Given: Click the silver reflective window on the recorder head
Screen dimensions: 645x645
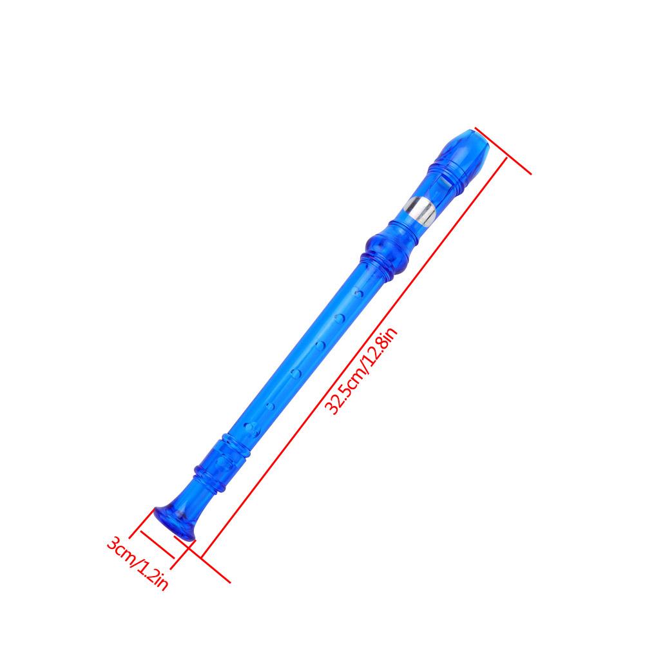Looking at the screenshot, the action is (x=419, y=211).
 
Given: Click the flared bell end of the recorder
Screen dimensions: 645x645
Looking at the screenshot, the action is (x=175, y=522).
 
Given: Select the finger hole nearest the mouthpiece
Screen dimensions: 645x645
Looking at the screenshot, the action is (x=359, y=294).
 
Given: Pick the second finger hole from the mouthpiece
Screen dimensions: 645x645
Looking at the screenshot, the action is (x=340, y=318).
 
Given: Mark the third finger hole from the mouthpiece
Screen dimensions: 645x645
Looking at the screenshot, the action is (x=320, y=345).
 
